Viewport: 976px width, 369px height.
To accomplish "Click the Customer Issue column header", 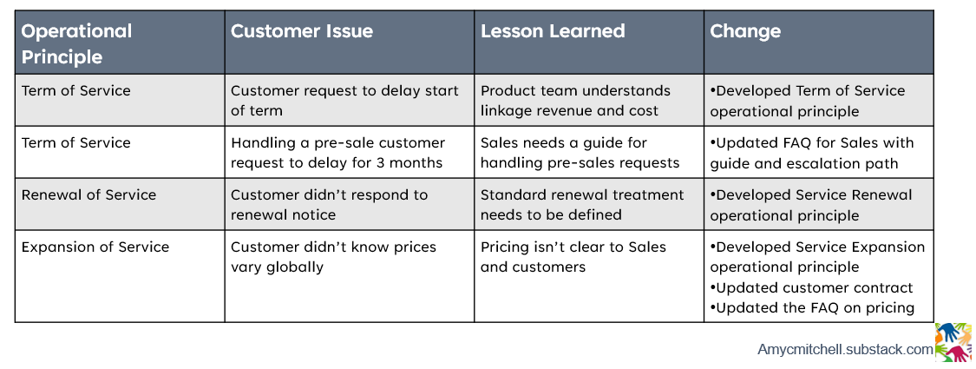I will [302, 32].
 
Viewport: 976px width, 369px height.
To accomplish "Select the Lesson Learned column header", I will [553, 32].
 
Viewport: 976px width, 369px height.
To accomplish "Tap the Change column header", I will [745, 32].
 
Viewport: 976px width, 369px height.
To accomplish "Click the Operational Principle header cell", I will [76, 43].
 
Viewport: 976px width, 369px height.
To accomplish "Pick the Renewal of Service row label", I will [88, 194].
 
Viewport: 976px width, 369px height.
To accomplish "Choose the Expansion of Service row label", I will [95, 247].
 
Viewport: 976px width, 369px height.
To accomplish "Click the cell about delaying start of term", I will [344, 101].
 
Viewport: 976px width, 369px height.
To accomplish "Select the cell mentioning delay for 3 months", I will [337, 153].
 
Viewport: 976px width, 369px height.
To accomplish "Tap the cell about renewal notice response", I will [329, 205].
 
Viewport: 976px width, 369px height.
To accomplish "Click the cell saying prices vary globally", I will [334, 257].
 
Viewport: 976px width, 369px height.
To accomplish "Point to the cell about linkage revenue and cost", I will [575, 101].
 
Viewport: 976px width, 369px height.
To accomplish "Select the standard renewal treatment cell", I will [582, 205].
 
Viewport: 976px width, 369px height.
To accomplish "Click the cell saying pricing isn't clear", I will [573, 257].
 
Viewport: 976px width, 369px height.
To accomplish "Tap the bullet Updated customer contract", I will [812, 287].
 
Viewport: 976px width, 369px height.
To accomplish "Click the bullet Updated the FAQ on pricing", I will [812, 308].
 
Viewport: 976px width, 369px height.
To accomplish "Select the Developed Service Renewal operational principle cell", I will [811, 205].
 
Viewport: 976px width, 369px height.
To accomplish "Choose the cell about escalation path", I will [812, 153].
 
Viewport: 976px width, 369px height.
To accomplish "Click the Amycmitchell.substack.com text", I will [845, 350].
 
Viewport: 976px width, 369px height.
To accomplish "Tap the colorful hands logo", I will [953, 342].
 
